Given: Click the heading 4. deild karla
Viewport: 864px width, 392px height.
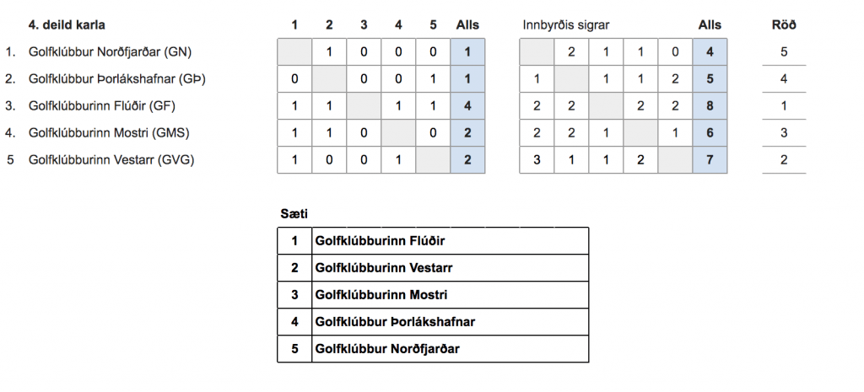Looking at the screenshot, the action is click(67, 24).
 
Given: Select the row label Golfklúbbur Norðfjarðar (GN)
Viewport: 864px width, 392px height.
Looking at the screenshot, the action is click(111, 51).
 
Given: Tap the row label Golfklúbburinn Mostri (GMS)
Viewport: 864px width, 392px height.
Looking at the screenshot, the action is click(109, 132).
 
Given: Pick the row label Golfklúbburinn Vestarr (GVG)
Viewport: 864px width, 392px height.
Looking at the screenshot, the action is click(111, 159).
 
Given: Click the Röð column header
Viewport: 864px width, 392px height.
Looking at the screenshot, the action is click(784, 24).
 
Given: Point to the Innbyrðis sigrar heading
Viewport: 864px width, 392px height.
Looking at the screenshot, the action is click(566, 25).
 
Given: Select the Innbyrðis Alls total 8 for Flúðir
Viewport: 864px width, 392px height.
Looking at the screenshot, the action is click(710, 105).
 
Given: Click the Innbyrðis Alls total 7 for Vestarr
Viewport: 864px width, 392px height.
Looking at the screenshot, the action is click(710, 159).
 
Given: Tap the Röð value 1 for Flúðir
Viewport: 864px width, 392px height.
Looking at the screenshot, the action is click(784, 105).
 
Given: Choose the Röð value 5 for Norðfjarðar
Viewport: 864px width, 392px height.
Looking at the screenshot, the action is click(784, 51).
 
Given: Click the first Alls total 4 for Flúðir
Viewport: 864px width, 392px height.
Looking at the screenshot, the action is click(467, 105).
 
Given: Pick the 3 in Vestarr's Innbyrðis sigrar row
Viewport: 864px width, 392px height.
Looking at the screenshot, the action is click(537, 159).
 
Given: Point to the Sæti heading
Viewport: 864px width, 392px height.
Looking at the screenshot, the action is click(294, 214).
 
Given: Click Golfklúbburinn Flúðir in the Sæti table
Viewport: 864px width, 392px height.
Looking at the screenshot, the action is click(380, 241).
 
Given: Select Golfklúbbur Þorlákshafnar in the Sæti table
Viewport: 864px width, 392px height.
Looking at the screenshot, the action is click(395, 321).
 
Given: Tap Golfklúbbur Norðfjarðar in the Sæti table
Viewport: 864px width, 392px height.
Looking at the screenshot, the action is click(386, 348).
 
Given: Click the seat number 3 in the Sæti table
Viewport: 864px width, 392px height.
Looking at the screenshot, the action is click(294, 294).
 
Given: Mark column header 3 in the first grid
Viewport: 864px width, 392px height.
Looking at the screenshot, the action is click(364, 24).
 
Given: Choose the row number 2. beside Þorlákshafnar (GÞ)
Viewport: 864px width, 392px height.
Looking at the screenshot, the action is click(10, 78).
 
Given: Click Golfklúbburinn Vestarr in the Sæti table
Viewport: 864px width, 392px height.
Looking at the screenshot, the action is click(384, 268).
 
